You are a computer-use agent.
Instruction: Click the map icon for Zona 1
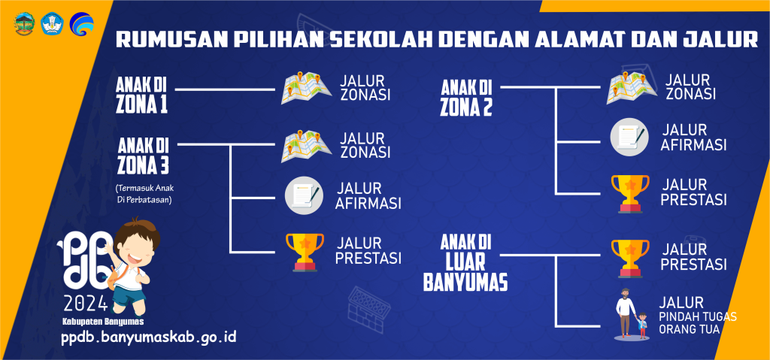pyautogui.click(x=301, y=89)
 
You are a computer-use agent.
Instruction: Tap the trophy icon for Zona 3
pyautogui.click(x=305, y=252)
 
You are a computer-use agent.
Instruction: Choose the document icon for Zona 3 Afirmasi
pyautogui.click(x=304, y=195)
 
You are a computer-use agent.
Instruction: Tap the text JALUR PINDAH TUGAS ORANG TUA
pyautogui.click(x=698, y=316)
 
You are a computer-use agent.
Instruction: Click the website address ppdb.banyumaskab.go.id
pyautogui.click(x=149, y=338)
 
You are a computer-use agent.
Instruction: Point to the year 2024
pyautogui.click(x=86, y=304)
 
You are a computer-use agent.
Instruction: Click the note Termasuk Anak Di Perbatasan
pyautogui.click(x=144, y=194)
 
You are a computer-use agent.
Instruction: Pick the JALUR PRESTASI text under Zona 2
pyautogui.click(x=693, y=192)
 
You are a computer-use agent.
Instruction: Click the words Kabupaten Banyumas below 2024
pyautogui.click(x=103, y=322)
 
